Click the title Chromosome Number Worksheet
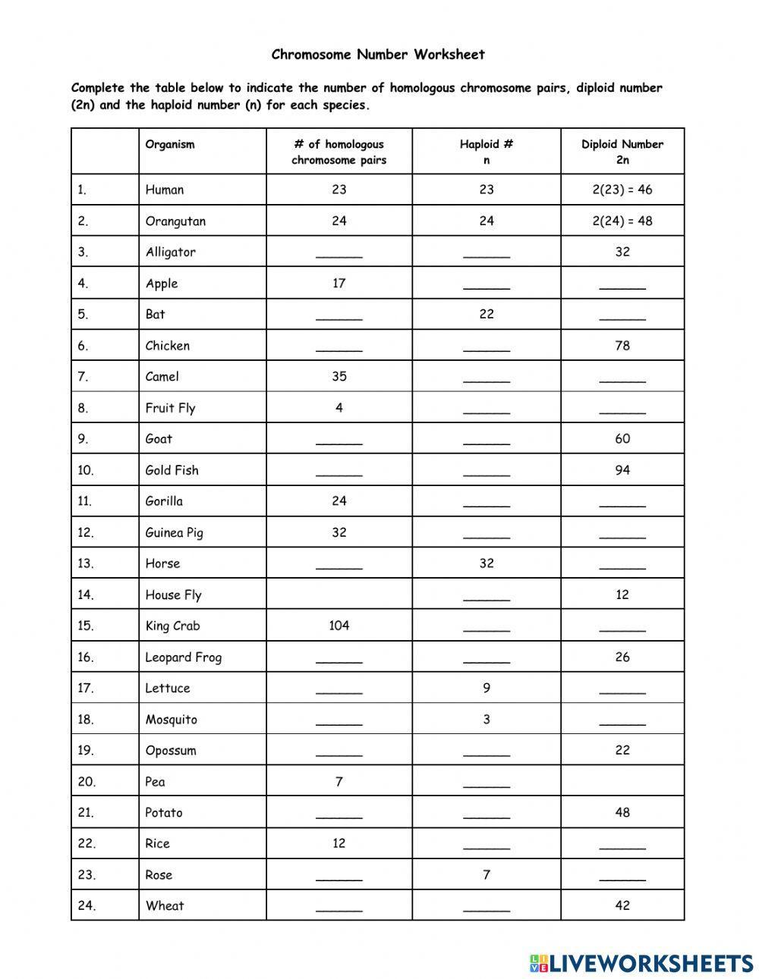pos(378,55)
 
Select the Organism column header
pos(170,144)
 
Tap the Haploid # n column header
pos(487,152)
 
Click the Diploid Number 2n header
pos(622,152)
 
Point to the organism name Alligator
pos(171,252)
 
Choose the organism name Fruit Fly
pos(171,408)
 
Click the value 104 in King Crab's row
pos(339,626)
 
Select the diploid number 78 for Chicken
pos(622,346)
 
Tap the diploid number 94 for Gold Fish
pos(622,470)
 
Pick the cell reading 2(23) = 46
pos(622,190)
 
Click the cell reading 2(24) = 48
pos(622,221)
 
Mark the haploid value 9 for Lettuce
pos(487,688)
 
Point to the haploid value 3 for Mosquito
pos(487,719)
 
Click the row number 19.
pos(86,751)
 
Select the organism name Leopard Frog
pos(184,657)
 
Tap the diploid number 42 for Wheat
pos(622,905)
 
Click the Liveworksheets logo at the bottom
pos(641,963)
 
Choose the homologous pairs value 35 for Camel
pos(339,377)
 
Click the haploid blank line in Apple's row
pos(487,287)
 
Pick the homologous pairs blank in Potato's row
pos(339,816)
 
